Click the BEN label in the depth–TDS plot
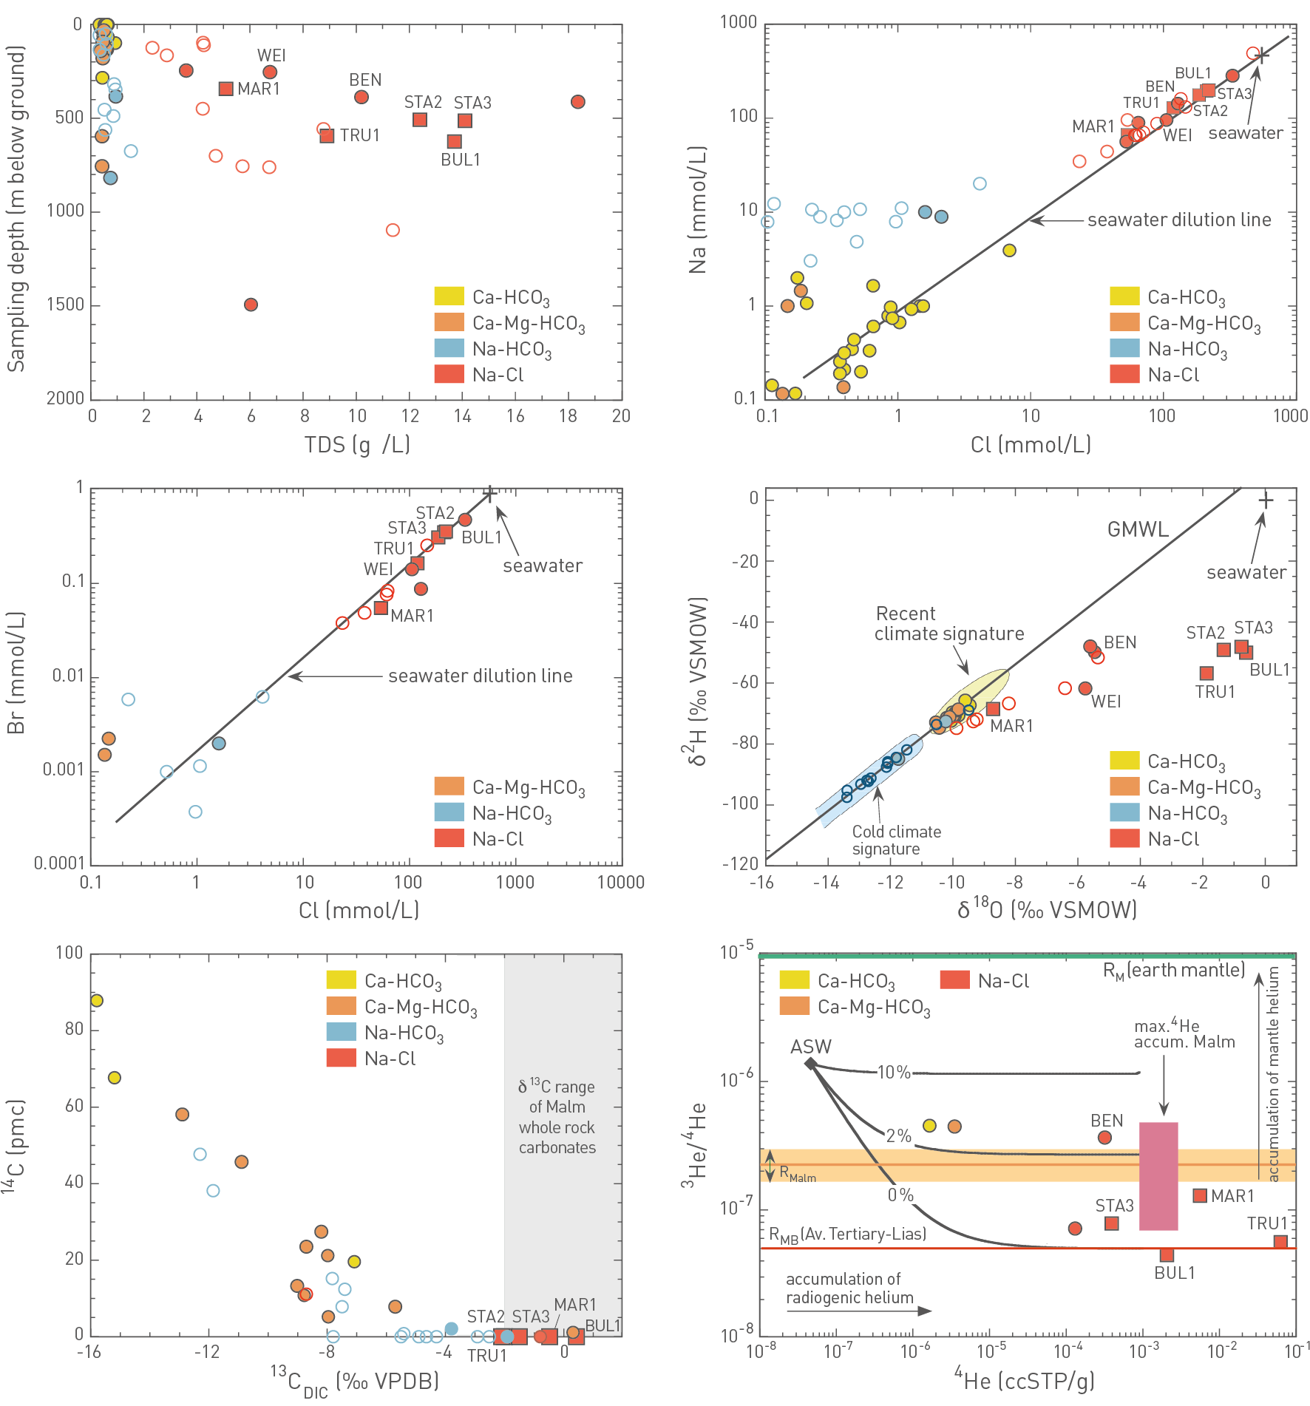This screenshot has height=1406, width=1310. (365, 80)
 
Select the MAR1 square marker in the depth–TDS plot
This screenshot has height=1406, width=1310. (226, 89)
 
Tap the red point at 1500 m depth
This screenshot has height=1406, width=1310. (251, 305)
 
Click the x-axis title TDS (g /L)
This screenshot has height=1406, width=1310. (357, 444)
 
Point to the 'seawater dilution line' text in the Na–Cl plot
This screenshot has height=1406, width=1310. (1178, 220)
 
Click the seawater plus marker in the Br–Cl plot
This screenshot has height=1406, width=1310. (489, 493)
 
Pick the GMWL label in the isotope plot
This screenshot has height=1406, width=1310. (1138, 529)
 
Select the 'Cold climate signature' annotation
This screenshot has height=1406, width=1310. (896, 840)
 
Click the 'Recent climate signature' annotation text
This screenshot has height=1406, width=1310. (948, 624)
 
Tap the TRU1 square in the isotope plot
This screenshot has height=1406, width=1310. (1207, 673)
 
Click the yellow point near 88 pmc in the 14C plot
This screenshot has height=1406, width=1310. (96, 1000)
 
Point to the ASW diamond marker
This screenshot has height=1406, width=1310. (810, 1064)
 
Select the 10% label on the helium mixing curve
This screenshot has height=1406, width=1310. (894, 1073)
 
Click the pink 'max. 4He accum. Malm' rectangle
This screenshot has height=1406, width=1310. (1158, 1175)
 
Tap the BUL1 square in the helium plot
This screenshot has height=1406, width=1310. (1167, 1254)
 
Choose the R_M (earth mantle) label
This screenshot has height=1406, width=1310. (1173, 971)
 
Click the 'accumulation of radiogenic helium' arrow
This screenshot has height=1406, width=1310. (858, 1311)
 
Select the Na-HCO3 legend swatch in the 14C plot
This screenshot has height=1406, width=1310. (342, 1032)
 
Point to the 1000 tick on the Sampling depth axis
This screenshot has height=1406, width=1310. (66, 211)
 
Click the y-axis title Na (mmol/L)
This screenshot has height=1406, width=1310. (697, 211)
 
